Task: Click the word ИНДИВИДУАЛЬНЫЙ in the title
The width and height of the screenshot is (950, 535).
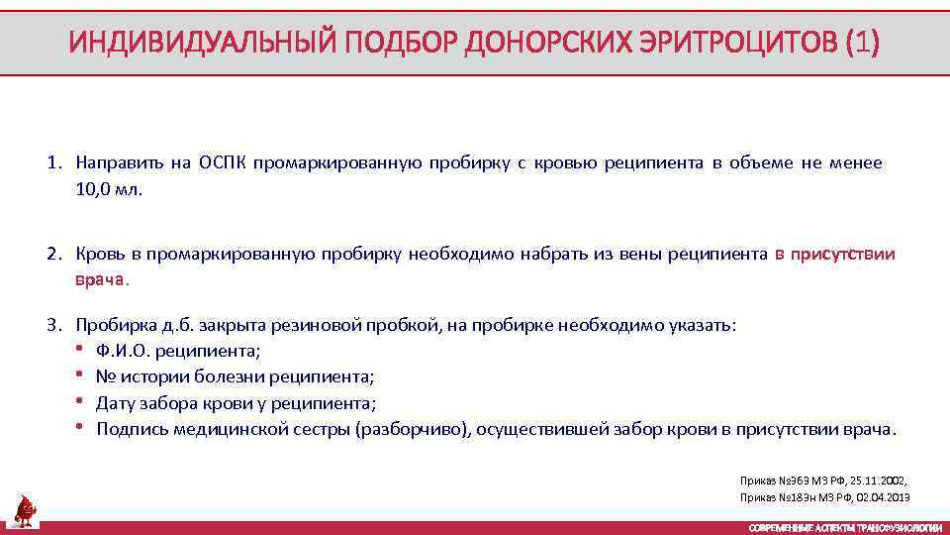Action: (200, 43)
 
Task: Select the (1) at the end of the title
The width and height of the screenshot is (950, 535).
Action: (860, 43)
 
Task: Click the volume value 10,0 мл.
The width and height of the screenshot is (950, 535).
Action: (109, 189)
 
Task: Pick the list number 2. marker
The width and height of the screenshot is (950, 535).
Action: (54, 255)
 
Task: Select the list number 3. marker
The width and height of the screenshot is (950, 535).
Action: (54, 325)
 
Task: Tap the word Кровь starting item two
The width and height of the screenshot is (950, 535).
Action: (99, 255)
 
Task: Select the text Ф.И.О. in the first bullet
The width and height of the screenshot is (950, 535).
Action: (122, 351)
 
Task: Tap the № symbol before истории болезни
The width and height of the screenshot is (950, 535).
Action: (105, 377)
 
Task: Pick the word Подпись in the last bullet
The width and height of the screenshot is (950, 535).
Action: (132, 430)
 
